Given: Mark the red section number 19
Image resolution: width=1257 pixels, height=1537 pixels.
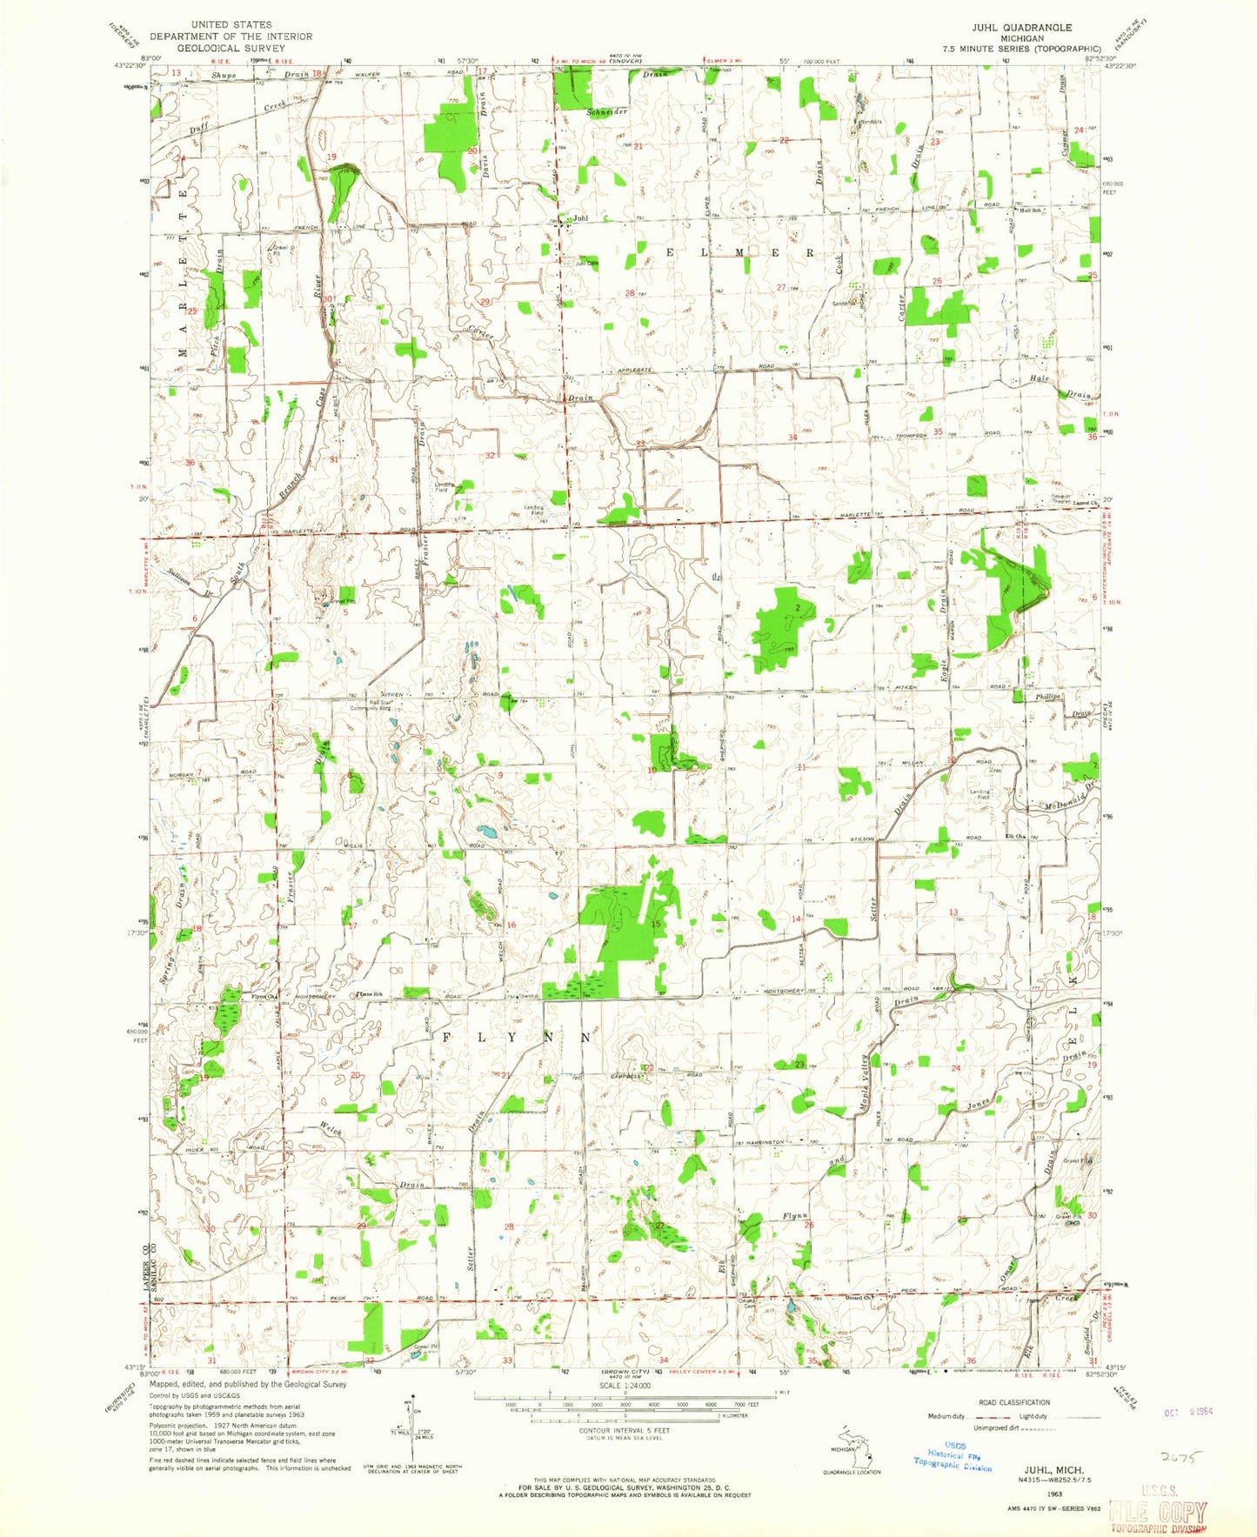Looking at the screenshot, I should click(331, 156).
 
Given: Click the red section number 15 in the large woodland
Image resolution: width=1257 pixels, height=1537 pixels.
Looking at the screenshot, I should click(656, 923).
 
